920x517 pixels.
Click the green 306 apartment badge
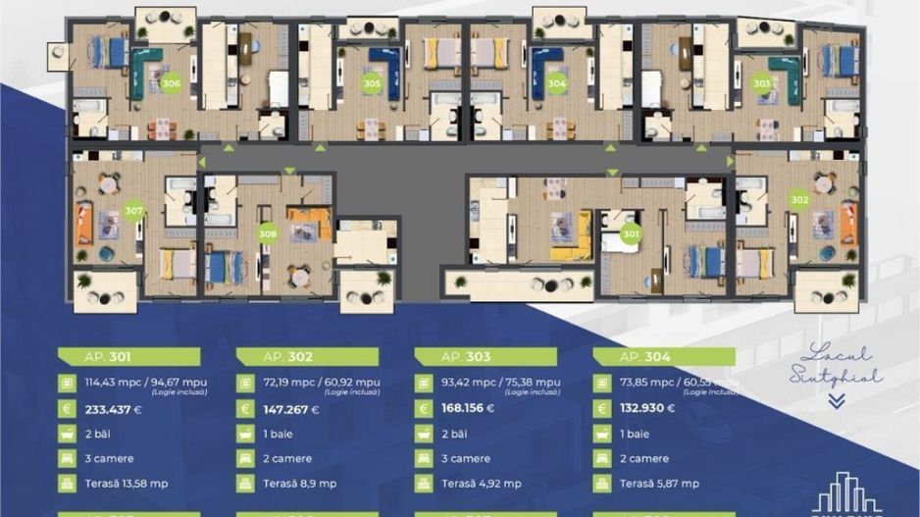click(172, 84)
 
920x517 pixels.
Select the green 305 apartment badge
click(372, 84)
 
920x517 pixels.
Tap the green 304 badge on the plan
click(557, 84)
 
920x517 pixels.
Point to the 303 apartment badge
click(761, 84)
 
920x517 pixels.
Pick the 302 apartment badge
click(799, 199)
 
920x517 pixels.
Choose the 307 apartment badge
click(134, 211)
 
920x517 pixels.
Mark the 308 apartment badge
click(268, 234)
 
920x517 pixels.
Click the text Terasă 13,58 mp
click(126, 484)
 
